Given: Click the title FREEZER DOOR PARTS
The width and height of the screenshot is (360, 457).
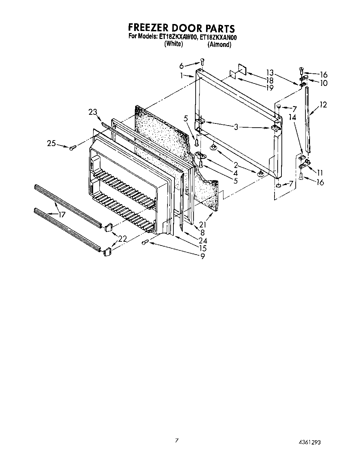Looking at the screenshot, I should (x=181, y=28).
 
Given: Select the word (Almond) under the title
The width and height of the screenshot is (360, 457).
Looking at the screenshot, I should (x=219, y=44).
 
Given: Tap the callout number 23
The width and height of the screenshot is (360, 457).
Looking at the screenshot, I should (x=93, y=112).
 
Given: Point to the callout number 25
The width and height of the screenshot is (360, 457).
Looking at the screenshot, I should (x=52, y=143).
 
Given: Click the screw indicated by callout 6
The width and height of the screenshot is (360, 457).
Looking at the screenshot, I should (x=202, y=62).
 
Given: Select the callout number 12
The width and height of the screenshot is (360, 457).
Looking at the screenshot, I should (x=323, y=104).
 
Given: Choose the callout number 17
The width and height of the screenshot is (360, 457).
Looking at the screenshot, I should (x=62, y=215).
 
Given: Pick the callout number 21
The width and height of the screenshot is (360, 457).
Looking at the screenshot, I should (x=203, y=225).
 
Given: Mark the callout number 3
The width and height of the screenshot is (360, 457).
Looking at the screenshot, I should (x=236, y=127).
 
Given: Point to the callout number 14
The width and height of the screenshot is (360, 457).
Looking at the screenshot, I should (x=292, y=118).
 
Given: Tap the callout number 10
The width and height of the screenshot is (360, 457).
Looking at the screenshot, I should (x=323, y=83).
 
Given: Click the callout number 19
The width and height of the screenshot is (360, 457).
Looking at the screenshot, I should (x=270, y=88).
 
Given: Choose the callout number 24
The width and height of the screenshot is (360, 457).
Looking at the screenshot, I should (x=203, y=240).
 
